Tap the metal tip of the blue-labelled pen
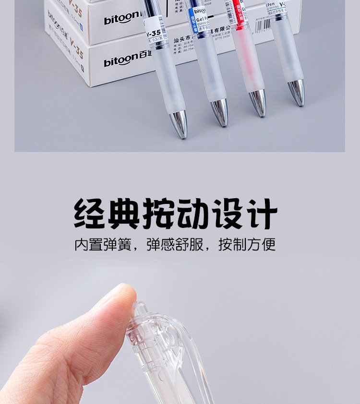click(220, 112)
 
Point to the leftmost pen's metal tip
click(180, 124)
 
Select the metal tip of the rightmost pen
click(297, 92)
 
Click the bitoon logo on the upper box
click(120, 20)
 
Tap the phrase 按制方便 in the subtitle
click(247, 245)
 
